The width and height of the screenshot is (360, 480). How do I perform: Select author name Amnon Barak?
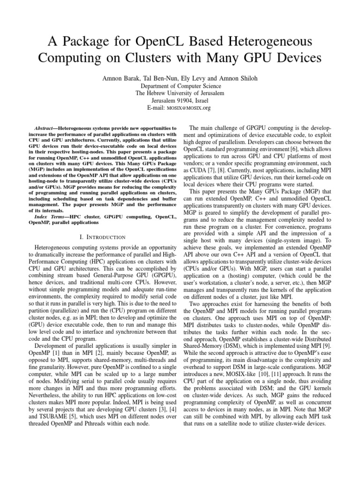coord(123,77)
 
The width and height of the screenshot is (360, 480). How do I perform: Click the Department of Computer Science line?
coord(180,86)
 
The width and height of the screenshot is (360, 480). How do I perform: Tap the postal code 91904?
coord(184,100)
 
